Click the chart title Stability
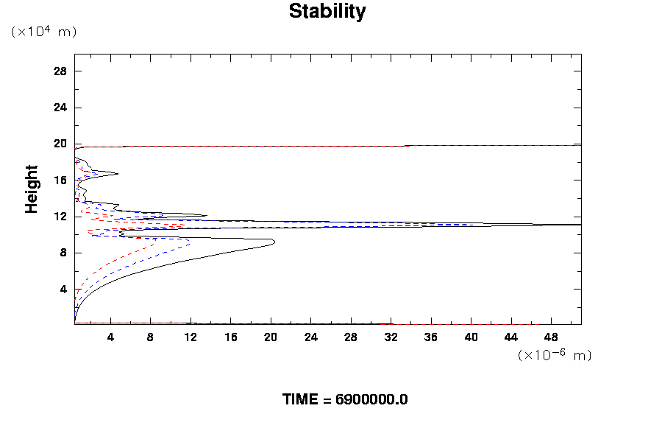coord(327,12)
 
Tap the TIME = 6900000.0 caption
coord(345,399)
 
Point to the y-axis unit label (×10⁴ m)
coord(43,32)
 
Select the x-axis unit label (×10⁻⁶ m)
coord(555,355)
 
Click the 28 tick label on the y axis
coord(60,71)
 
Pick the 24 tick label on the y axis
coord(60,108)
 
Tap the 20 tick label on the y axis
coord(60,144)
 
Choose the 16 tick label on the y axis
coord(60,180)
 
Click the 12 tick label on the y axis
coord(60,217)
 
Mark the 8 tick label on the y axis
coord(64,253)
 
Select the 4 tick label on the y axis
coord(64,289)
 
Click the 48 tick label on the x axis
coord(551,337)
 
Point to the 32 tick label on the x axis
coord(391,337)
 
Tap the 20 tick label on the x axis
coord(271,337)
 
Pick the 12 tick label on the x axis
coord(191,337)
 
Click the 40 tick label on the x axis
coord(471,337)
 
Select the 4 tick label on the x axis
coord(110,337)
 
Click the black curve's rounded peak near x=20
coord(274,242)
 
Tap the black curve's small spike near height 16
coord(117,174)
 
